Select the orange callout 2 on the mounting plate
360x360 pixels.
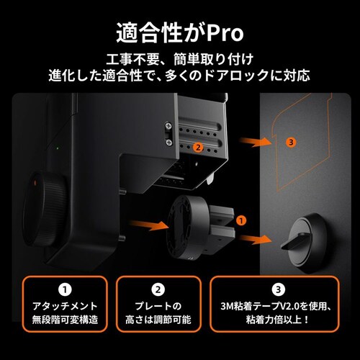click(198, 147)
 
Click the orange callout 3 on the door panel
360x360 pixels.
click(290, 142)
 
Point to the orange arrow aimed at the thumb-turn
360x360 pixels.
click(258, 238)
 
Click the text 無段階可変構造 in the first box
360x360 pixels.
click(66, 319)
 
